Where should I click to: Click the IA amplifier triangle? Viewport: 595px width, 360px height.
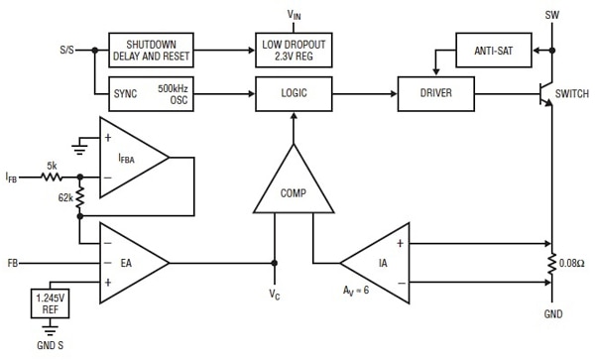click(378, 264)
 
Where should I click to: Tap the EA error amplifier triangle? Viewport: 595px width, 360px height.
click(131, 264)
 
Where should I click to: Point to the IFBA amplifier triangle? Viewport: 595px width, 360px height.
click(131, 157)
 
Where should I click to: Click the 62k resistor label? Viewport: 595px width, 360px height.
click(63, 198)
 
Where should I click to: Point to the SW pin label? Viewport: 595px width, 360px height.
click(552, 15)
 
